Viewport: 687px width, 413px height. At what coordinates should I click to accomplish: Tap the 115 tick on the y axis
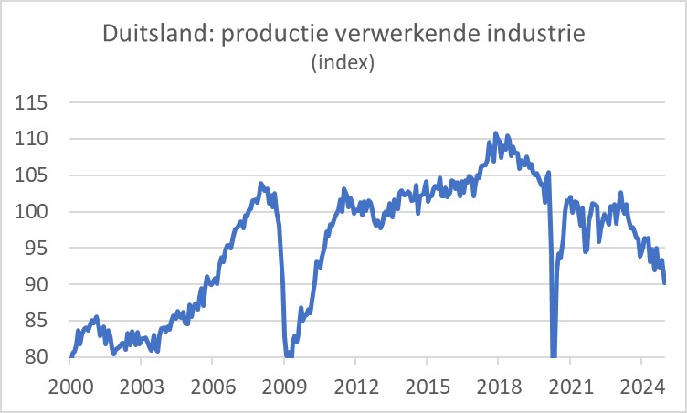coord(33,102)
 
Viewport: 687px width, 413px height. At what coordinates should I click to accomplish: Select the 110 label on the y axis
coord(33,139)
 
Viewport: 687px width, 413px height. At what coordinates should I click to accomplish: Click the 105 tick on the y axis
coord(33,175)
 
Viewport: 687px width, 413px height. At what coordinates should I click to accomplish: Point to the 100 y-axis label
coord(33,212)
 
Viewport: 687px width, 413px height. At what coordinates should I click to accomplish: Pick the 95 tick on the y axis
coord(37,249)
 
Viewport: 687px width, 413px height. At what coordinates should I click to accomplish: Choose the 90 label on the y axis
coord(37,284)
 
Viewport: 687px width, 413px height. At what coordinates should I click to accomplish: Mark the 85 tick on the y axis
coord(37,321)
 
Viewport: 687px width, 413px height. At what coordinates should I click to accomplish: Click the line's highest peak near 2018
coord(495,133)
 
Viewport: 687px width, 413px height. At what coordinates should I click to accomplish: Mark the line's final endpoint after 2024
coord(664,283)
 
